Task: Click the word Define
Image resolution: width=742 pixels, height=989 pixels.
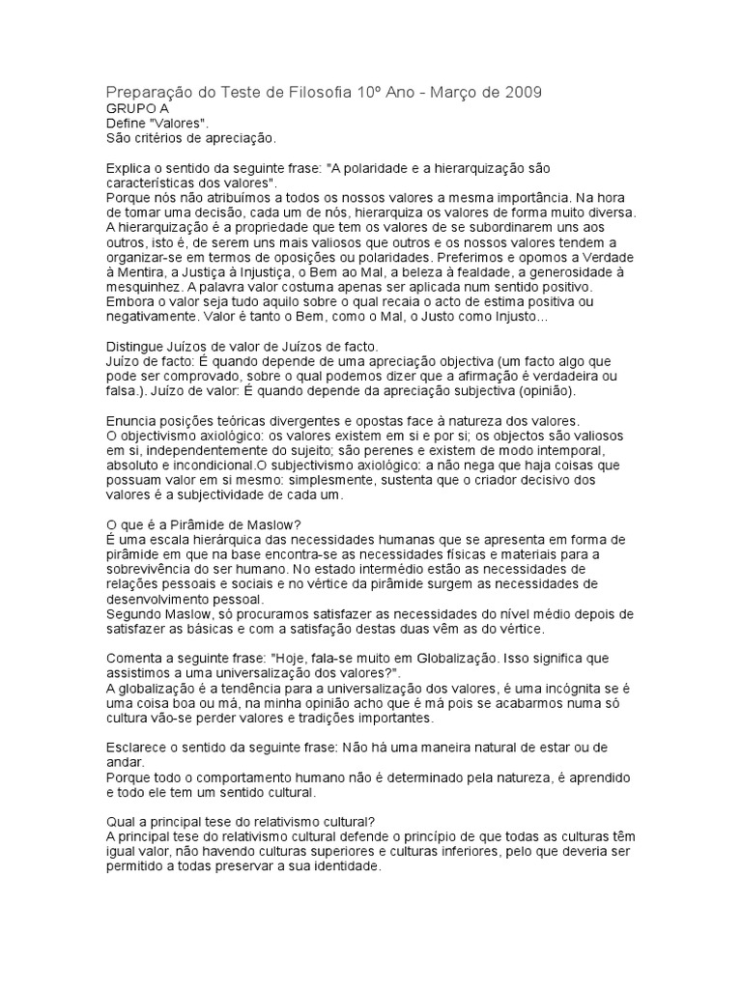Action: coord(128,124)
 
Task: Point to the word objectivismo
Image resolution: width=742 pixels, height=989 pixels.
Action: coord(159,436)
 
